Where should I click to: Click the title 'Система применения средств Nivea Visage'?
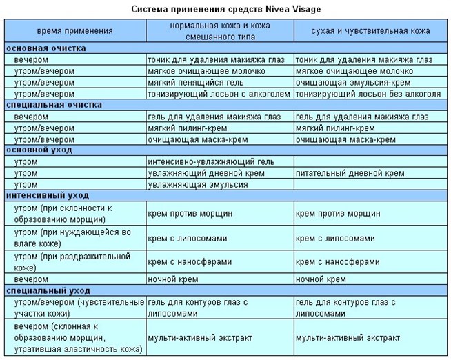(x=226, y=10)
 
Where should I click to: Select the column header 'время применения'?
(x=75, y=31)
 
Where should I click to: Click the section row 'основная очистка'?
(x=46, y=48)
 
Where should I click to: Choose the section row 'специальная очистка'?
(x=54, y=105)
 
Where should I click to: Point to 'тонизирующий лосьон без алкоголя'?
(x=368, y=94)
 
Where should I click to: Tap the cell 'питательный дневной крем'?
(x=350, y=173)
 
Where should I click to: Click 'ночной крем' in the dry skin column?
(x=321, y=279)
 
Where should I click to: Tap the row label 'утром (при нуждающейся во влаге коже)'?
(x=72, y=238)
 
